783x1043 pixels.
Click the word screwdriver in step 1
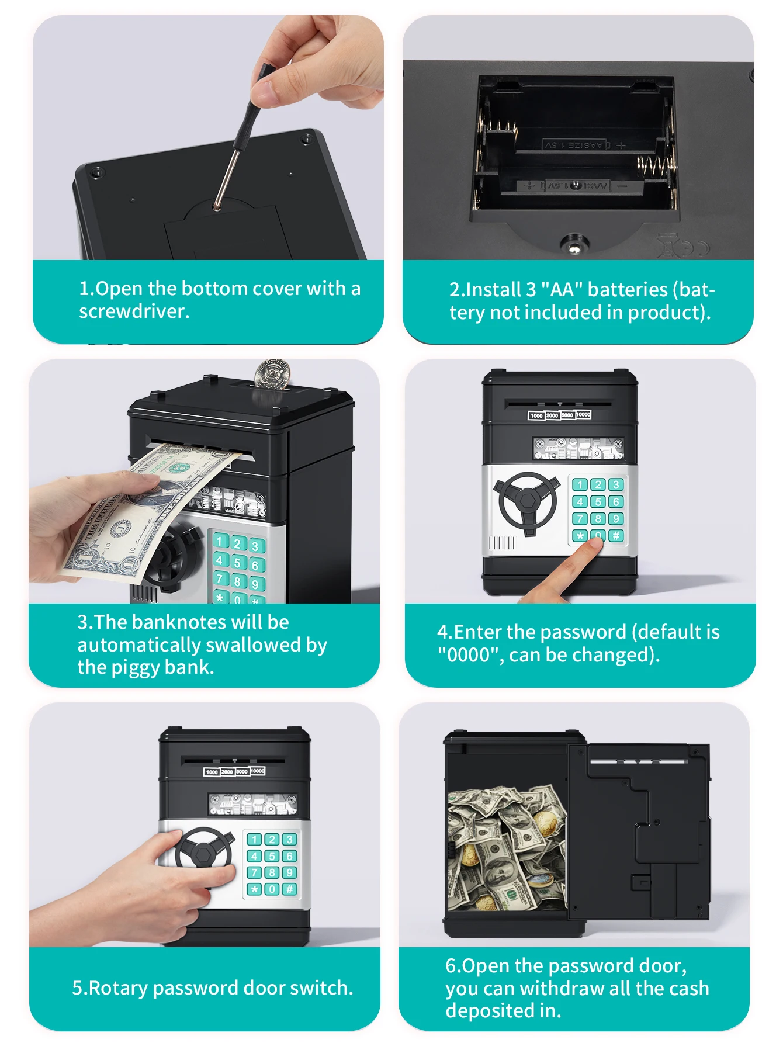click(x=134, y=311)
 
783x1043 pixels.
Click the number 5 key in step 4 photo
click(x=598, y=502)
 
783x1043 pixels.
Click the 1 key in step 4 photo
click(x=580, y=484)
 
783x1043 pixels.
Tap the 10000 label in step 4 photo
click(x=583, y=414)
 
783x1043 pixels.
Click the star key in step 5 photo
click(x=255, y=889)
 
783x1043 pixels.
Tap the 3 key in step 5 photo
click(x=289, y=840)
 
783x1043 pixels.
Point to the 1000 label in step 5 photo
click(x=212, y=772)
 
